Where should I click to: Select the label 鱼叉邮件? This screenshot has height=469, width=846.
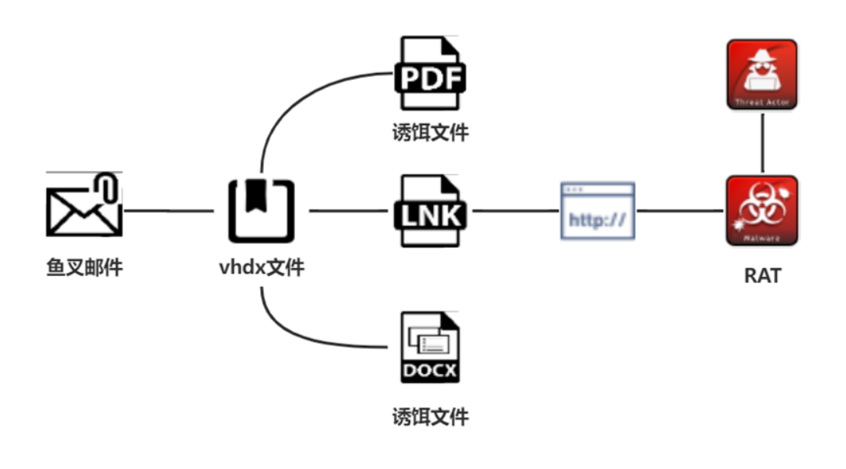click(x=84, y=267)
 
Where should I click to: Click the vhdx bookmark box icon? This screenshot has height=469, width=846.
click(x=261, y=210)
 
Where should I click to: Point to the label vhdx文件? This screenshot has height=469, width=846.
click(x=261, y=267)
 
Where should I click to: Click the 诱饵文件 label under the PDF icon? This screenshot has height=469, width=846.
click(x=430, y=133)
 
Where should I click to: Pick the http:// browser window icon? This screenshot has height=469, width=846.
click(x=597, y=210)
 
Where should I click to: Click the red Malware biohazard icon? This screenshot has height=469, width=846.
click(x=762, y=210)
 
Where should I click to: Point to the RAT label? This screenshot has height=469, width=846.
click(x=762, y=276)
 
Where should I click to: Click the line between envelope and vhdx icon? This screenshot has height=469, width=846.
click(x=169, y=210)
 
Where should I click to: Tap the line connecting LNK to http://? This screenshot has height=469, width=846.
click(x=513, y=210)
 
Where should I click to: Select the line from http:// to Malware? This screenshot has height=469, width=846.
click(x=679, y=210)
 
